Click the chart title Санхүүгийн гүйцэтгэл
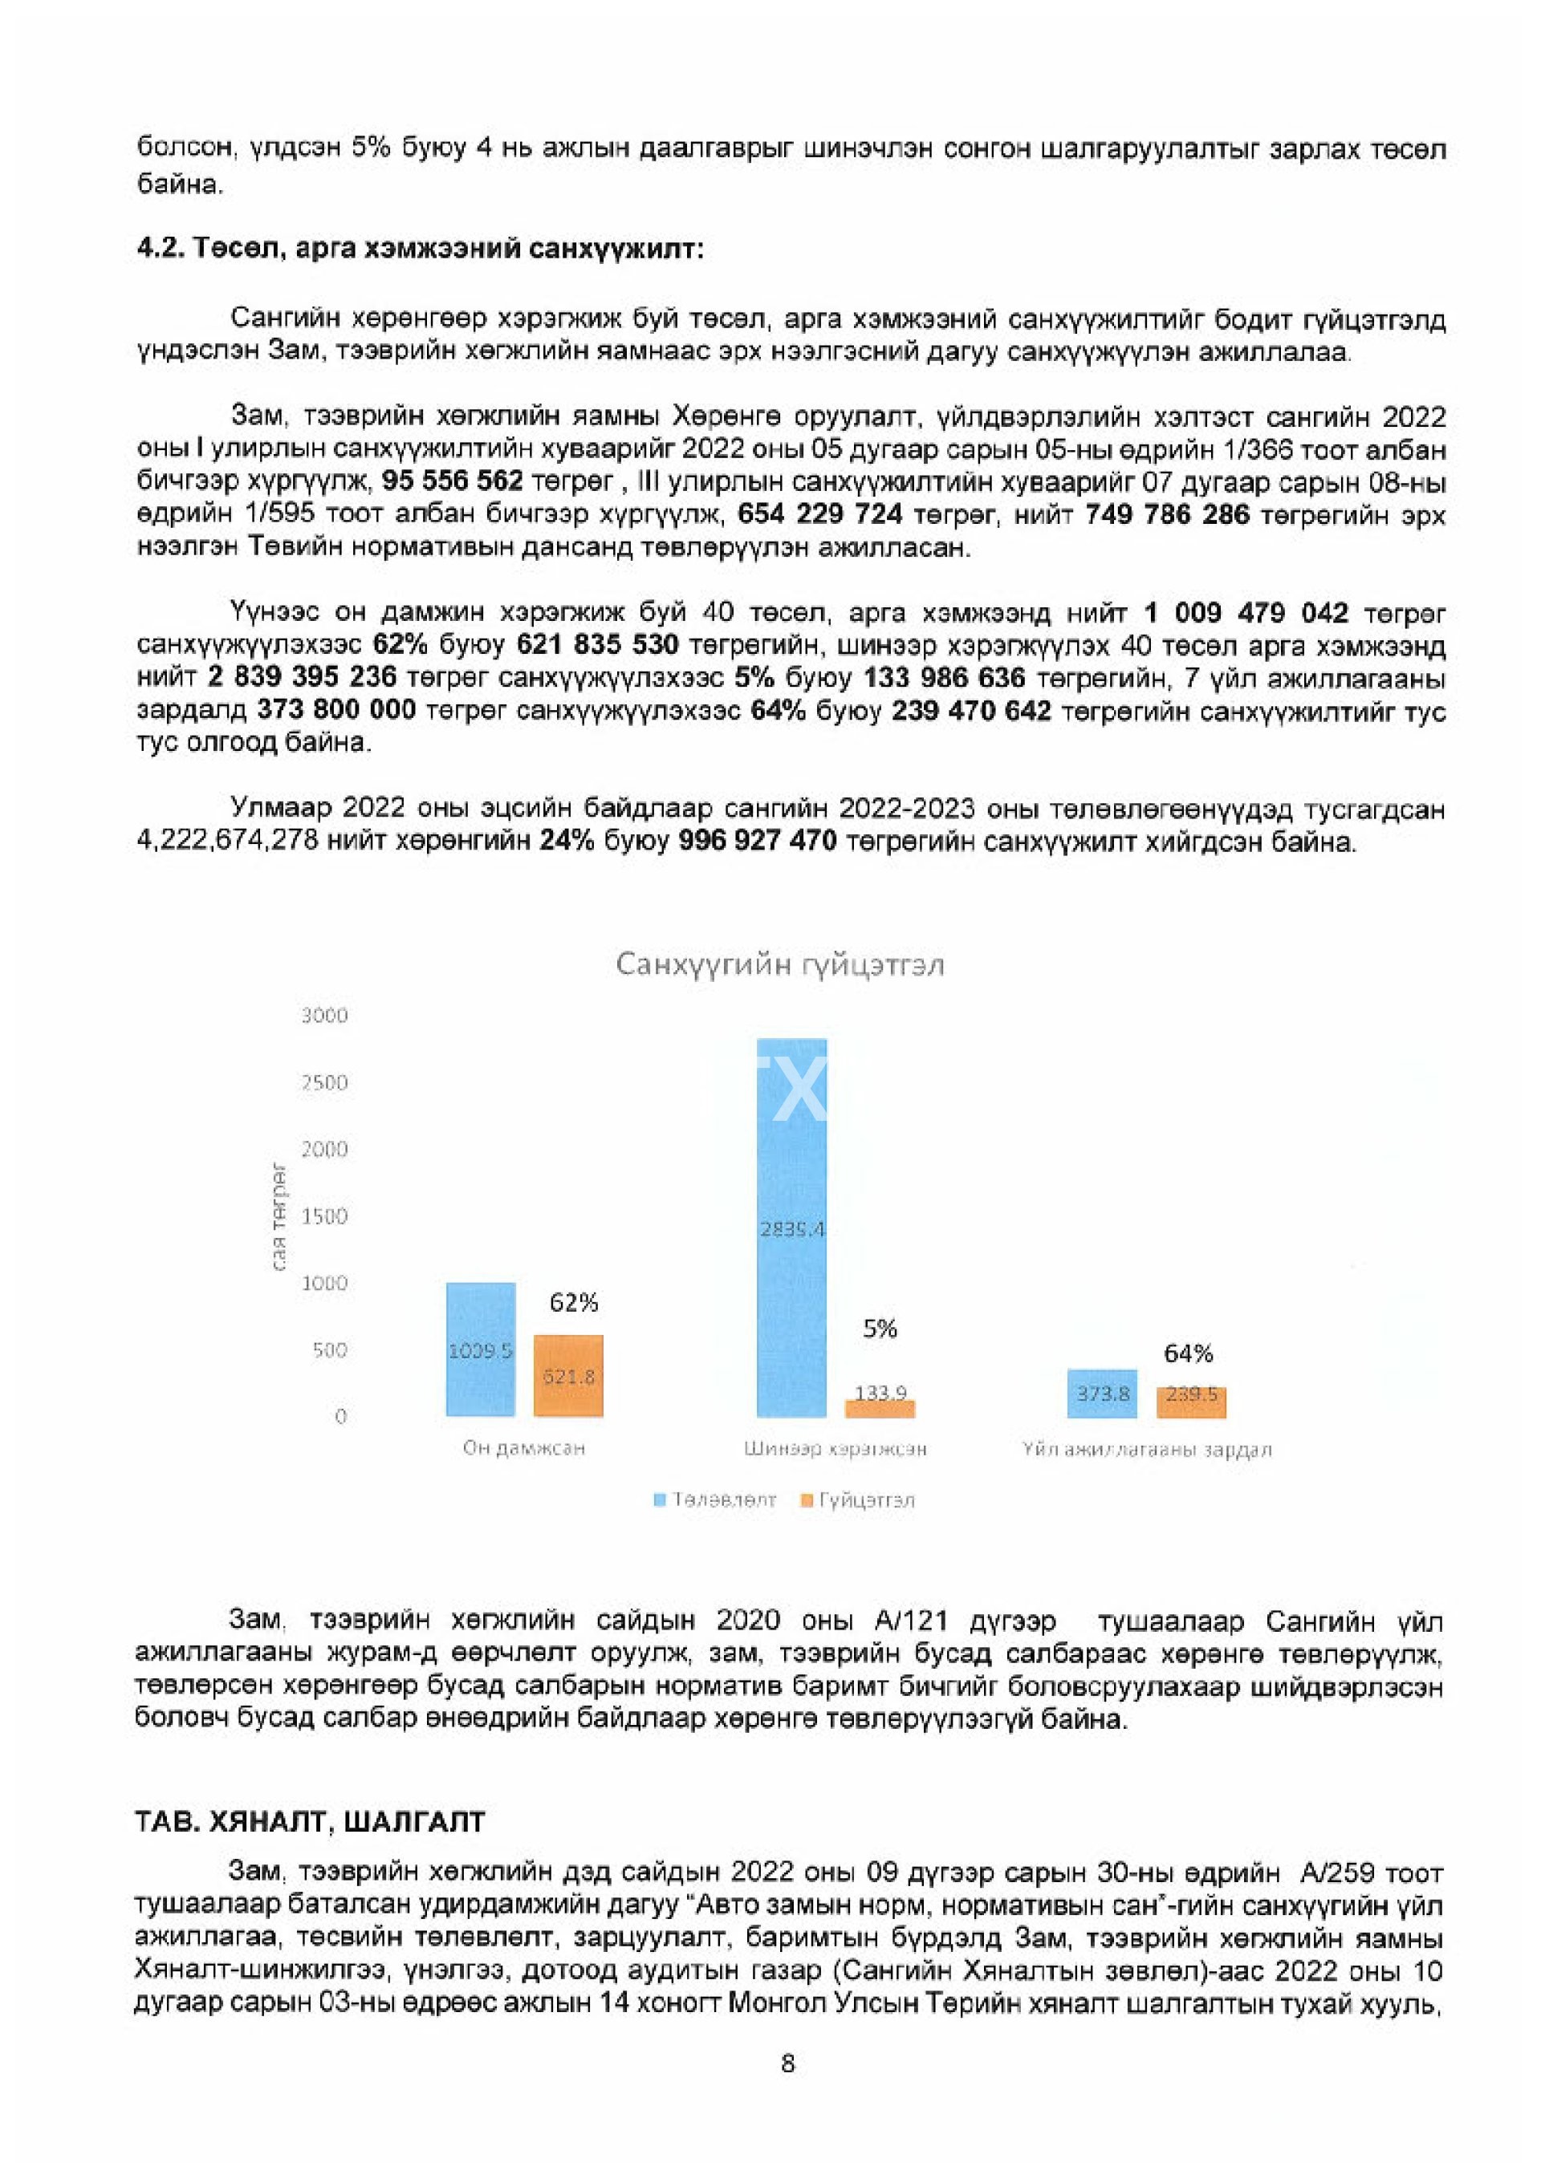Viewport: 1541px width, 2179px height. coord(779,965)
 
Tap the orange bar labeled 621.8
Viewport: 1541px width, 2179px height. coord(567,1375)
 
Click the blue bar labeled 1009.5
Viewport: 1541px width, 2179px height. coord(481,1349)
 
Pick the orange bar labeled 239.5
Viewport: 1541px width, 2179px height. coord(1190,1402)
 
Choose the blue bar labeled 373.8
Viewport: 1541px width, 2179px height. coord(1101,1394)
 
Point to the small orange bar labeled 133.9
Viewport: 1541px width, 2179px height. coord(880,1408)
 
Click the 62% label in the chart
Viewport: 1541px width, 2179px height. coord(574,1302)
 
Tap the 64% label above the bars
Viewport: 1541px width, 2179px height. coord(1188,1353)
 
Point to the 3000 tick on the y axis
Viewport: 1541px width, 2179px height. coord(325,1016)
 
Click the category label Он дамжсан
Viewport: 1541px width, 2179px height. coord(523,1448)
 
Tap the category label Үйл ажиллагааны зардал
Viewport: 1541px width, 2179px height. coord(1146,1449)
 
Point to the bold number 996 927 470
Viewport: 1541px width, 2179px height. coord(757,841)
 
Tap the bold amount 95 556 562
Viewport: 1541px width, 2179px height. coord(452,481)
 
